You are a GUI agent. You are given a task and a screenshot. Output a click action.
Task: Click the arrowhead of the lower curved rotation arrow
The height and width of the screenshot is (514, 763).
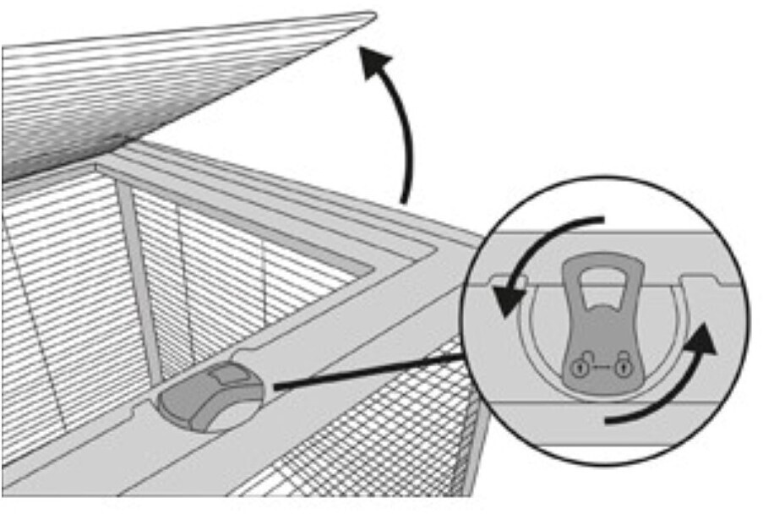coord(708,342)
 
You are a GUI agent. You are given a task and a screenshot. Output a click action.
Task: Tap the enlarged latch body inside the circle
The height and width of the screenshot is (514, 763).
coord(602,338)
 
